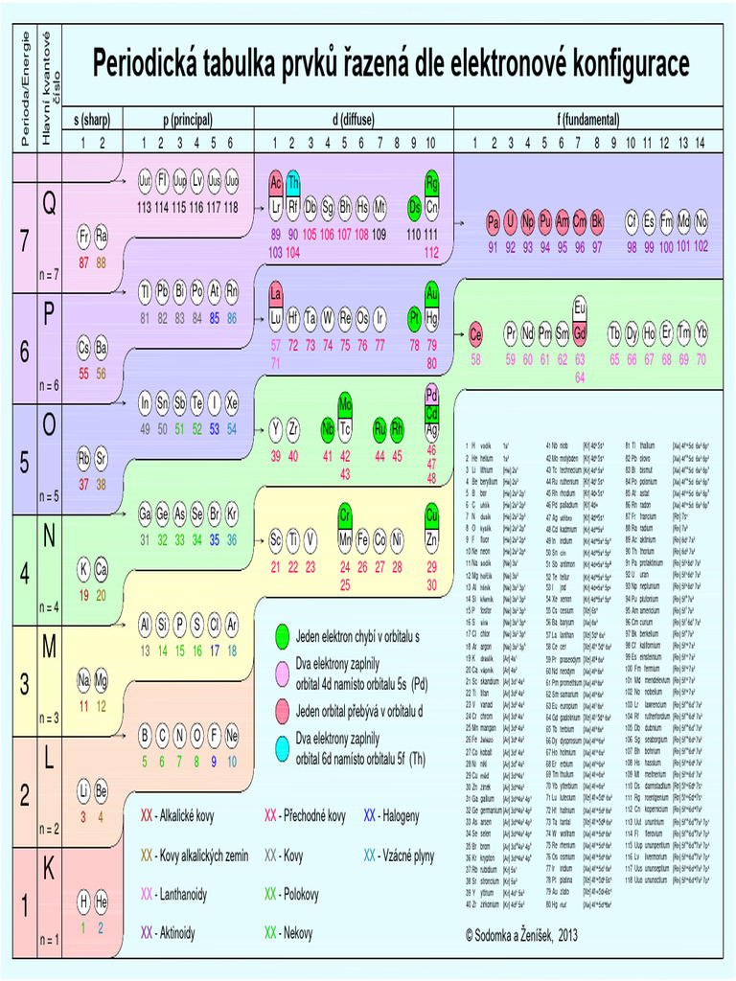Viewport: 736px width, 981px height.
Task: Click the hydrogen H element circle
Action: click(x=84, y=901)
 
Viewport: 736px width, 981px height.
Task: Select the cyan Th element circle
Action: click(x=293, y=182)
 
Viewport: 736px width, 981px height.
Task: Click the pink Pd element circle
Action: click(x=431, y=394)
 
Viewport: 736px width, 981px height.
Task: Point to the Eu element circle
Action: click(x=580, y=307)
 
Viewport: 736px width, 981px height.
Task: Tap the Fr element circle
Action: click(x=84, y=235)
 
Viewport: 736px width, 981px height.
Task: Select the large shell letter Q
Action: click(x=49, y=203)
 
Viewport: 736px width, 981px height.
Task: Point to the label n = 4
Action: click(x=49, y=606)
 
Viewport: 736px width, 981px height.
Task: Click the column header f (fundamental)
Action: click(x=588, y=120)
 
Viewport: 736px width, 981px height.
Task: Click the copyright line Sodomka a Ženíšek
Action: click(x=521, y=934)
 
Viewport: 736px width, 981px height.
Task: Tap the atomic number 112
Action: click(x=431, y=253)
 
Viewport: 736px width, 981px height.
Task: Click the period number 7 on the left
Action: click(x=25, y=242)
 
